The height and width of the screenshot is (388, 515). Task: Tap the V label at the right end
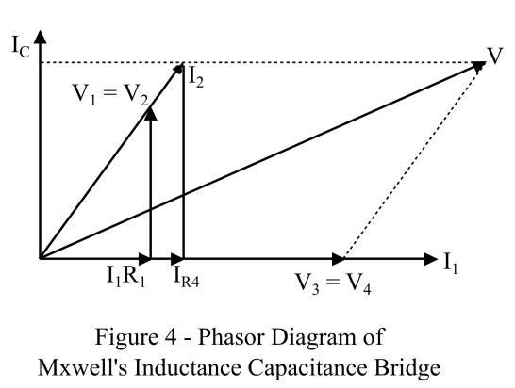(x=494, y=55)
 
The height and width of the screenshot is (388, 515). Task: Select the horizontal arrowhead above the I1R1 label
(x=145, y=257)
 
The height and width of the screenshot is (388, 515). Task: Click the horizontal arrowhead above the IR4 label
(x=177, y=257)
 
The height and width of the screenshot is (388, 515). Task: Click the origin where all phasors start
(x=40, y=257)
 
